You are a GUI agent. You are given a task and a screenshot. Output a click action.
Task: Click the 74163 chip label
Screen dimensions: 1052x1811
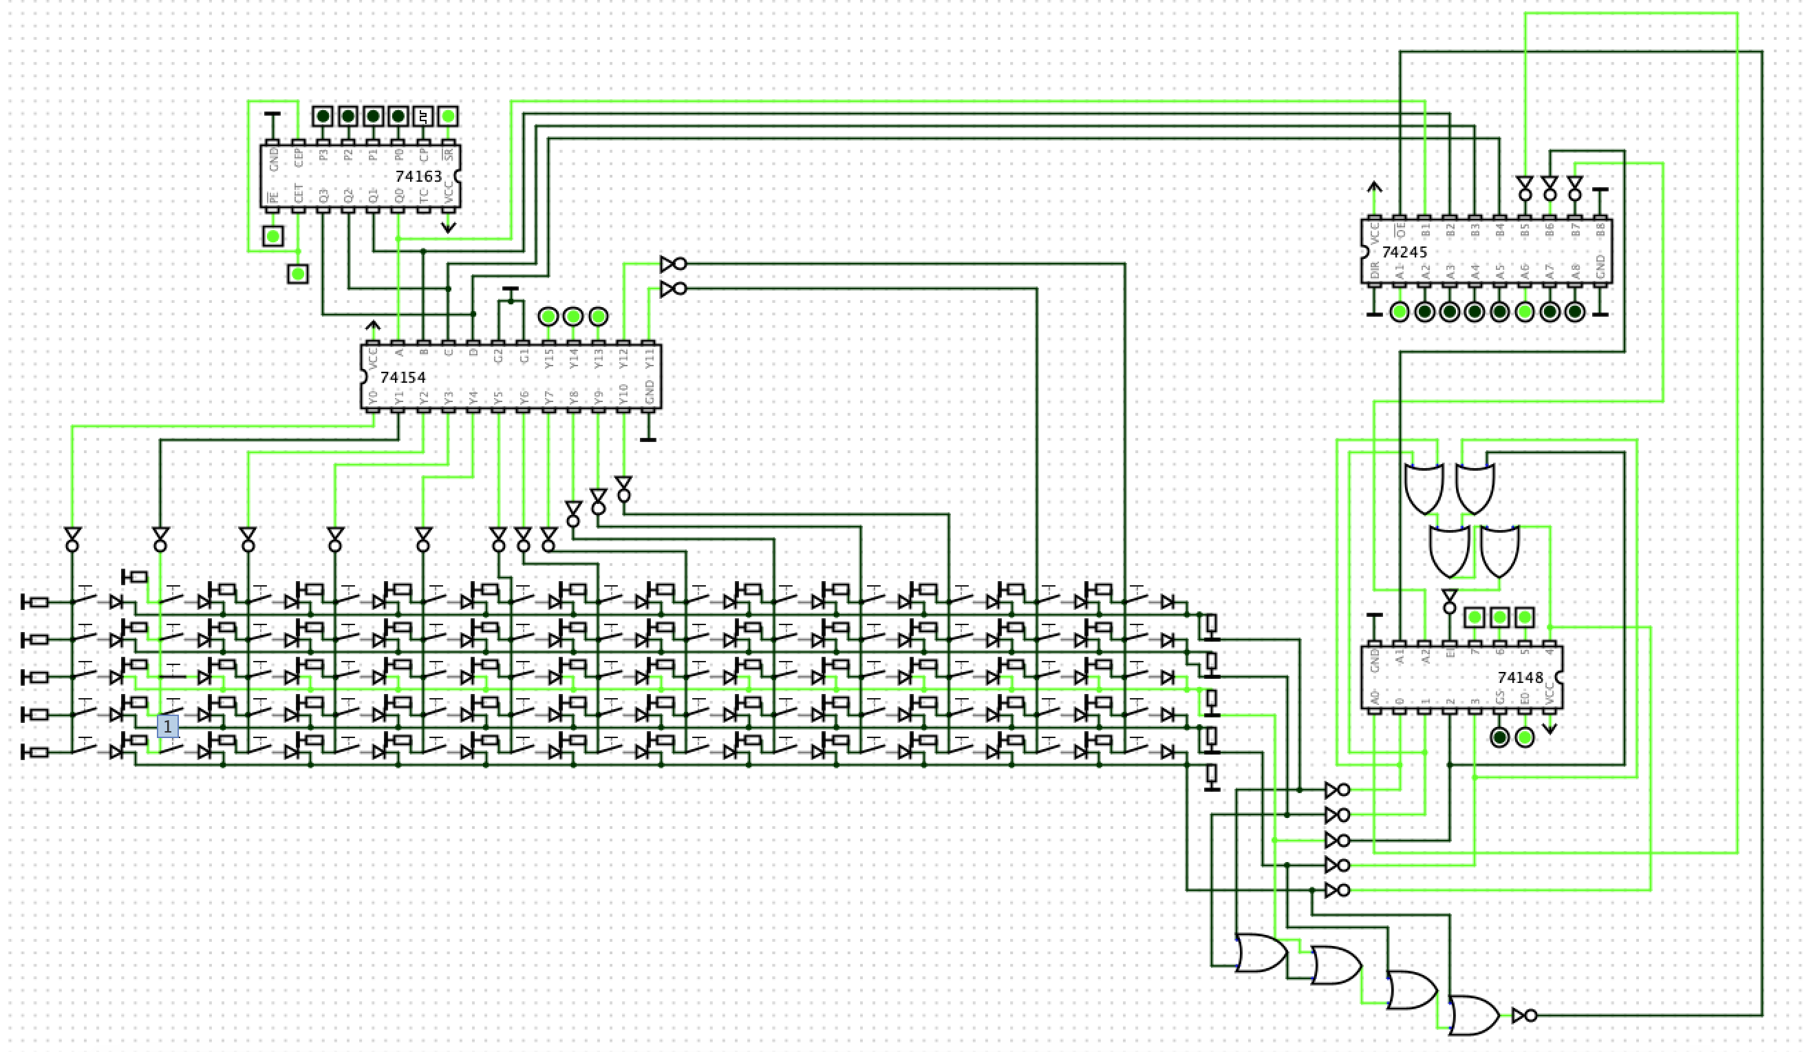coord(418,176)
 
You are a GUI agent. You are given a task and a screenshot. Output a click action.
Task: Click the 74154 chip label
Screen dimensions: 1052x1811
coord(403,377)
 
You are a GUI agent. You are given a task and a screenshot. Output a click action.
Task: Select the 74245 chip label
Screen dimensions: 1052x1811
coord(1404,253)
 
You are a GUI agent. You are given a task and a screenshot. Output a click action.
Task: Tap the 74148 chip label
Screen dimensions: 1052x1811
coord(1520,677)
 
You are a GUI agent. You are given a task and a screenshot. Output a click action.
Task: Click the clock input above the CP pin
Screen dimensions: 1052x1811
coord(423,116)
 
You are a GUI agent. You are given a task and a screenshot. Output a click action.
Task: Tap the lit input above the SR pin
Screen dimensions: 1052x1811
coord(449,116)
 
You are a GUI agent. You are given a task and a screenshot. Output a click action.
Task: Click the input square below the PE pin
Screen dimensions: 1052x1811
coord(272,236)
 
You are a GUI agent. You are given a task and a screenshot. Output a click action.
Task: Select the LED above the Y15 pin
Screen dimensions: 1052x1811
coord(548,316)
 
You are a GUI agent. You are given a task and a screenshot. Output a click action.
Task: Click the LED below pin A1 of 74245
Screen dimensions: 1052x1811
coord(1400,312)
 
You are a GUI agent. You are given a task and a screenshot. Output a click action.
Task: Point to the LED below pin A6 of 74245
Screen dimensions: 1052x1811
coord(1524,312)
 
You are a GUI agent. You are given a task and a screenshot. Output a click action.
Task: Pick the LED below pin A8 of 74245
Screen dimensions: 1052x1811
coord(1574,312)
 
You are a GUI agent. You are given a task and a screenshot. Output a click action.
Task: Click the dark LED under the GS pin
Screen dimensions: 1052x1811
coord(1499,737)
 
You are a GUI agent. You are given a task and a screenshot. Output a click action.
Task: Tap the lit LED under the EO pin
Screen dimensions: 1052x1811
coord(1524,737)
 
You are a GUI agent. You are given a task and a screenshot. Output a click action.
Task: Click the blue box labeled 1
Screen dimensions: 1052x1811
coord(167,726)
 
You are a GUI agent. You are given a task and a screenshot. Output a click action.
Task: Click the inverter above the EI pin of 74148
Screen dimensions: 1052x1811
coord(1450,601)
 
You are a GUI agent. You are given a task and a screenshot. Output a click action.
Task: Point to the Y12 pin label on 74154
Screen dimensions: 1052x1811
coord(624,359)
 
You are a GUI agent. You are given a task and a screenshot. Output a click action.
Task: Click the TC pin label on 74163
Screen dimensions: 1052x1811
coord(423,195)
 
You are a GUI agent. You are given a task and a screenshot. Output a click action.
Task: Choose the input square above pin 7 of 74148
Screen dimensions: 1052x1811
coord(1474,617)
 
